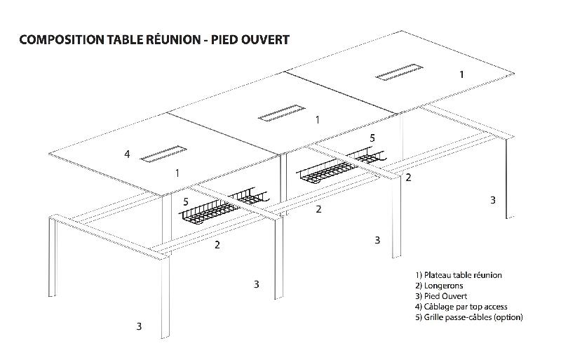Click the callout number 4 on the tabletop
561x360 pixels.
[127, 154]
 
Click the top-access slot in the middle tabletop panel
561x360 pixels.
[280, 114]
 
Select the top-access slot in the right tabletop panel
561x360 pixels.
[398, 72]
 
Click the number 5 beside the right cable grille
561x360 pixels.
[372, 138]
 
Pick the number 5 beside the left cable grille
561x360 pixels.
[186, 202]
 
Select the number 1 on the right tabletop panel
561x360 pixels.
[461, 74]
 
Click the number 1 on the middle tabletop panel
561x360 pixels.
[318, 120]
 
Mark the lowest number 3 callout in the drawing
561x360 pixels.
[139, 326]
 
